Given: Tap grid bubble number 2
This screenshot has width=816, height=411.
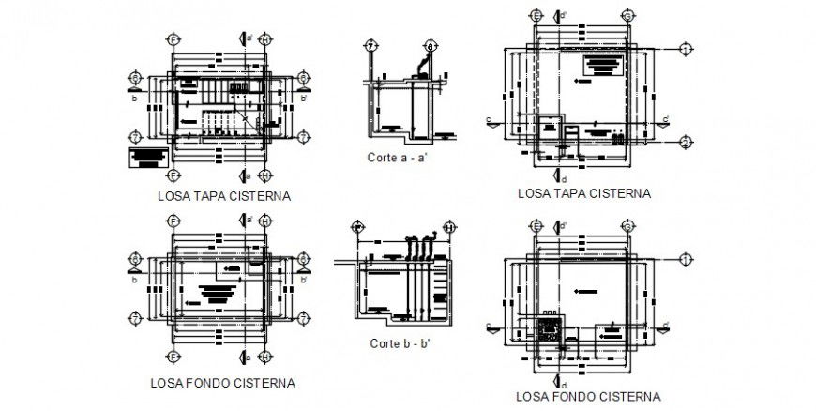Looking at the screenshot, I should [686, 143].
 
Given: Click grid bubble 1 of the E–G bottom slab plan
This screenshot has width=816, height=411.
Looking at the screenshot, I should [686, 258].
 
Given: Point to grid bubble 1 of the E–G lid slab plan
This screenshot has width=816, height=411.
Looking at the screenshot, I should [686, 48].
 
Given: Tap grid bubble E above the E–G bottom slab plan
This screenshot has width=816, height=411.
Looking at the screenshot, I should [536, 226].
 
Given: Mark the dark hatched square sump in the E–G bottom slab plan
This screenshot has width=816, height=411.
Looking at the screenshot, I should [551, 328].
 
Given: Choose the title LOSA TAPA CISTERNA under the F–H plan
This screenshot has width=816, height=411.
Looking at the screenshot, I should [224, 197].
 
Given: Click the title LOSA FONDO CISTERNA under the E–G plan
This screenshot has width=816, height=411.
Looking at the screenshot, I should [588, 396].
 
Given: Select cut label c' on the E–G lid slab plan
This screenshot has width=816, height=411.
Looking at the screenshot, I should [665, 118].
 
